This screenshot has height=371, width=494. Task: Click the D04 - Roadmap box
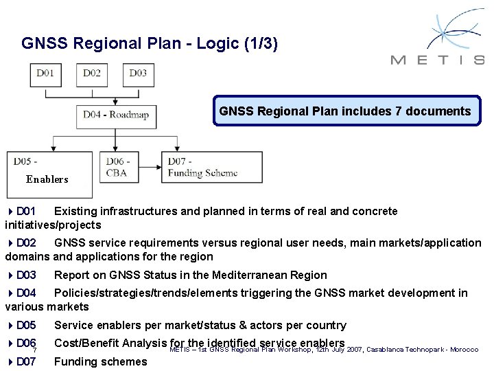116,115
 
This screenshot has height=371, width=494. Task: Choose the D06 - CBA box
118,168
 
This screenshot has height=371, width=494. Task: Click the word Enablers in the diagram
47,179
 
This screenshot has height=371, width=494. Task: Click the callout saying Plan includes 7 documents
346,111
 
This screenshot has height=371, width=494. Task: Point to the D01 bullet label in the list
26,211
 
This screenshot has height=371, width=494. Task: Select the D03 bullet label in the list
26,275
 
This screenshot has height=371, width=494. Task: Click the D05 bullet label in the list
26,325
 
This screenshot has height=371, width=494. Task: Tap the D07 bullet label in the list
26,361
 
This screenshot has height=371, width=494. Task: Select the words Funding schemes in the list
100,361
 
